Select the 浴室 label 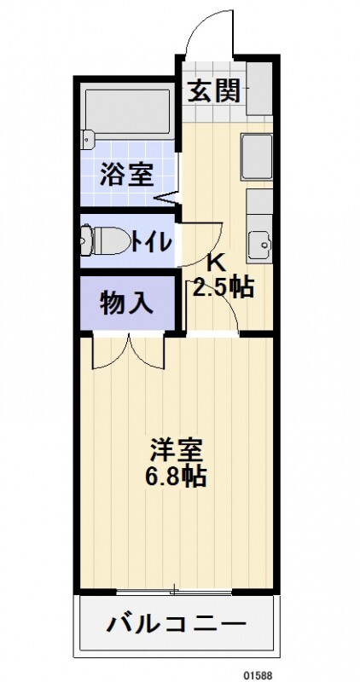126,175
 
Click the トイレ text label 153,241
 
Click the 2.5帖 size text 223,288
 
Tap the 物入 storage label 126,303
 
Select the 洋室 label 178,448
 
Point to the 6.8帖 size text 178,476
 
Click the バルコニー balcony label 177,625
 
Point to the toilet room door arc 205,240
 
